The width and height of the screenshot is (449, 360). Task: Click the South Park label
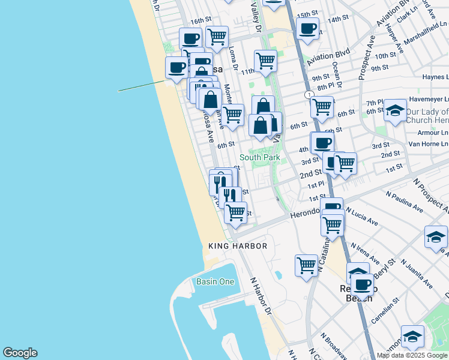(259, 157)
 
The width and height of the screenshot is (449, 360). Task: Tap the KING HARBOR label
(232, 246)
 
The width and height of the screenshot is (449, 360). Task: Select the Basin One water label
(215, 281)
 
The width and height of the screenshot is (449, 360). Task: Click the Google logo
(20, 353)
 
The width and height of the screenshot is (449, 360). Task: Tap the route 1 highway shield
(309, 95)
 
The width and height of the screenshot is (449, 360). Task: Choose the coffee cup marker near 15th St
(307, 28)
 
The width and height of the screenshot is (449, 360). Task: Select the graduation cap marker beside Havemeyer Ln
(395, 110)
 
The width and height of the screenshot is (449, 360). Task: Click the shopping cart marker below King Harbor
(306, 265)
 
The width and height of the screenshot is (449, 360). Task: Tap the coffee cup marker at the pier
(176, 67)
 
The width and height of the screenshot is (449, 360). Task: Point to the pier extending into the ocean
(142, 86)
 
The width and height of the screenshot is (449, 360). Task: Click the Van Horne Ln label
(428, 143)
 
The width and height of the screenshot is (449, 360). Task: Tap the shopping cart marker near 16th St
(217, 36)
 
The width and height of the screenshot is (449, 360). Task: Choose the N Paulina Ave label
(408, 202)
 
